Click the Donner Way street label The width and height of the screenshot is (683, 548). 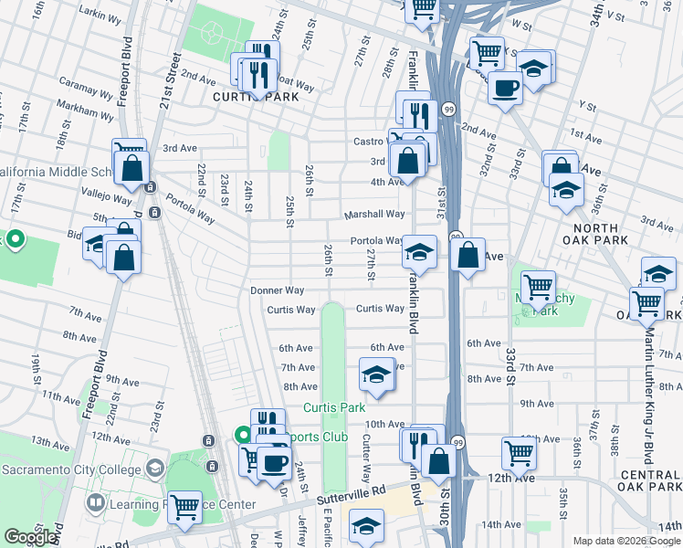278,290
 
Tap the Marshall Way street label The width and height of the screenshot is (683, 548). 373,215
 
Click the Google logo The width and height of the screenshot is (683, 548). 30,537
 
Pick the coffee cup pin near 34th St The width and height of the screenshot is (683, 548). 503,88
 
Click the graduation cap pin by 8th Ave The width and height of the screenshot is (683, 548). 375,374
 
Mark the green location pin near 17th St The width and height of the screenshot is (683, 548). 15,240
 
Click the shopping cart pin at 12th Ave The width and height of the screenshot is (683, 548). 518,451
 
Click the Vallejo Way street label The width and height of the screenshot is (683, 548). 107,196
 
